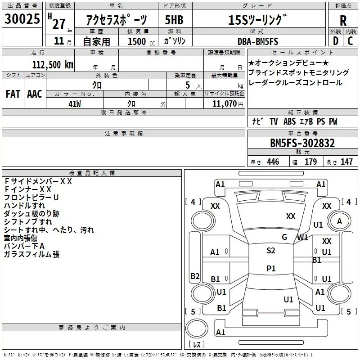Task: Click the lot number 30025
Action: [22, 18]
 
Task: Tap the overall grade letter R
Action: [343, 21]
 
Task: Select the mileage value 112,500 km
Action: [53, 64]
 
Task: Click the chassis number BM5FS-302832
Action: [302, 143]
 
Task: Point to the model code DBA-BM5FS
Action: [258, 41]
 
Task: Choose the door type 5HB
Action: [174, 20]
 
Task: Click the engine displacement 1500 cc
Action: [141, 41]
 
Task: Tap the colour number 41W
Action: [75, 104]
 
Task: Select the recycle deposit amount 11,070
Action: [224, 104]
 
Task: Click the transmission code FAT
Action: [13, 94]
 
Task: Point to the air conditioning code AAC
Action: [35, 94]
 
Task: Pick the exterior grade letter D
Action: [336, 41]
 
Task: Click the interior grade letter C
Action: [350, 41]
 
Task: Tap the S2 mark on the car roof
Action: [271, 251]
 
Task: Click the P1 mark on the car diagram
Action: [271, 268]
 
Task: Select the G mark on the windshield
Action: [284, 237]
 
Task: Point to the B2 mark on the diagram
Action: [195, 276]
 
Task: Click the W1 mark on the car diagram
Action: [302, 238]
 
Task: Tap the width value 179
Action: [310, 162]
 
